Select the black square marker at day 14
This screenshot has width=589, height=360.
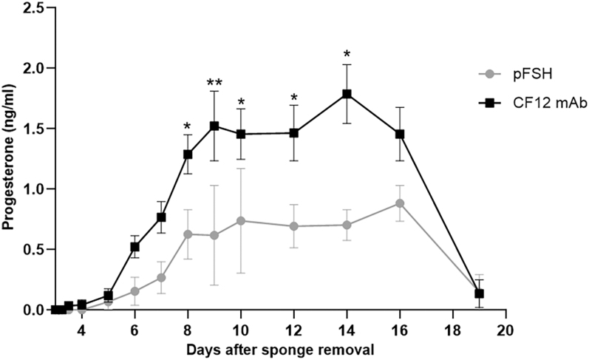[x=347, y=94]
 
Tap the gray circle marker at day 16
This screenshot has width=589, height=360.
[x=400, y=203]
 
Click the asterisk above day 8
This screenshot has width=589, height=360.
[x=188, y=126]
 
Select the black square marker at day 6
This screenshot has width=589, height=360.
[x=135, y=247]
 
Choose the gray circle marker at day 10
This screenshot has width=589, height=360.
[x=241, y=220]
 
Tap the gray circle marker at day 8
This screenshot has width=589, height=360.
[x=188, y=234]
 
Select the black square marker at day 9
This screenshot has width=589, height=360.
[x=214, y=126]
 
